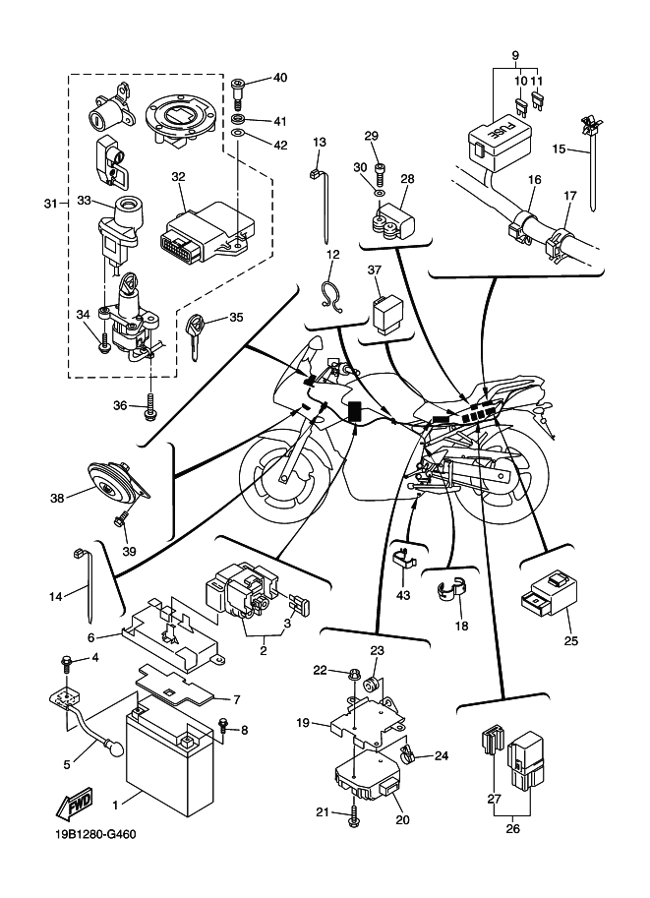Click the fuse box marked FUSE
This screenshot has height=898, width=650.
496,137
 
